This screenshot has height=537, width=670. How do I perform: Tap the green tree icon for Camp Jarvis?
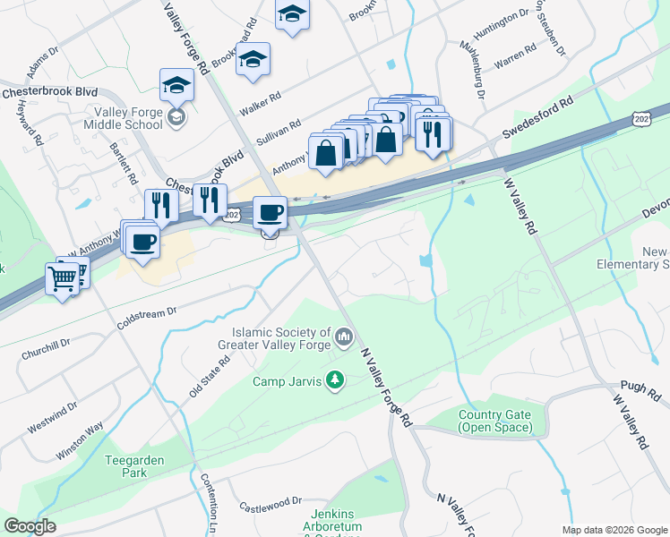pos(335,381)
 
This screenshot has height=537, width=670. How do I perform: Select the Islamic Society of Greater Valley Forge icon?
pos(345,337)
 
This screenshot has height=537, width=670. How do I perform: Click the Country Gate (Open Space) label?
pos(494,421)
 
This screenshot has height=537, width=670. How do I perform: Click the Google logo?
pos(30,526)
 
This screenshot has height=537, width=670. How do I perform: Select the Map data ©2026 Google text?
pos(614,530)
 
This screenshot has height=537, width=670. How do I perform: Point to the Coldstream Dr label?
pos(149,320)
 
